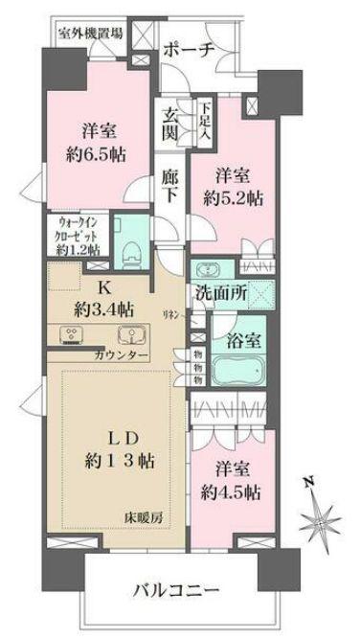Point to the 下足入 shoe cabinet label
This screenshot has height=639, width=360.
204,123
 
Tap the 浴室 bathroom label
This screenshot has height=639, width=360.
239,340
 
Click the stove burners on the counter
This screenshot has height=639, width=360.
72,335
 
